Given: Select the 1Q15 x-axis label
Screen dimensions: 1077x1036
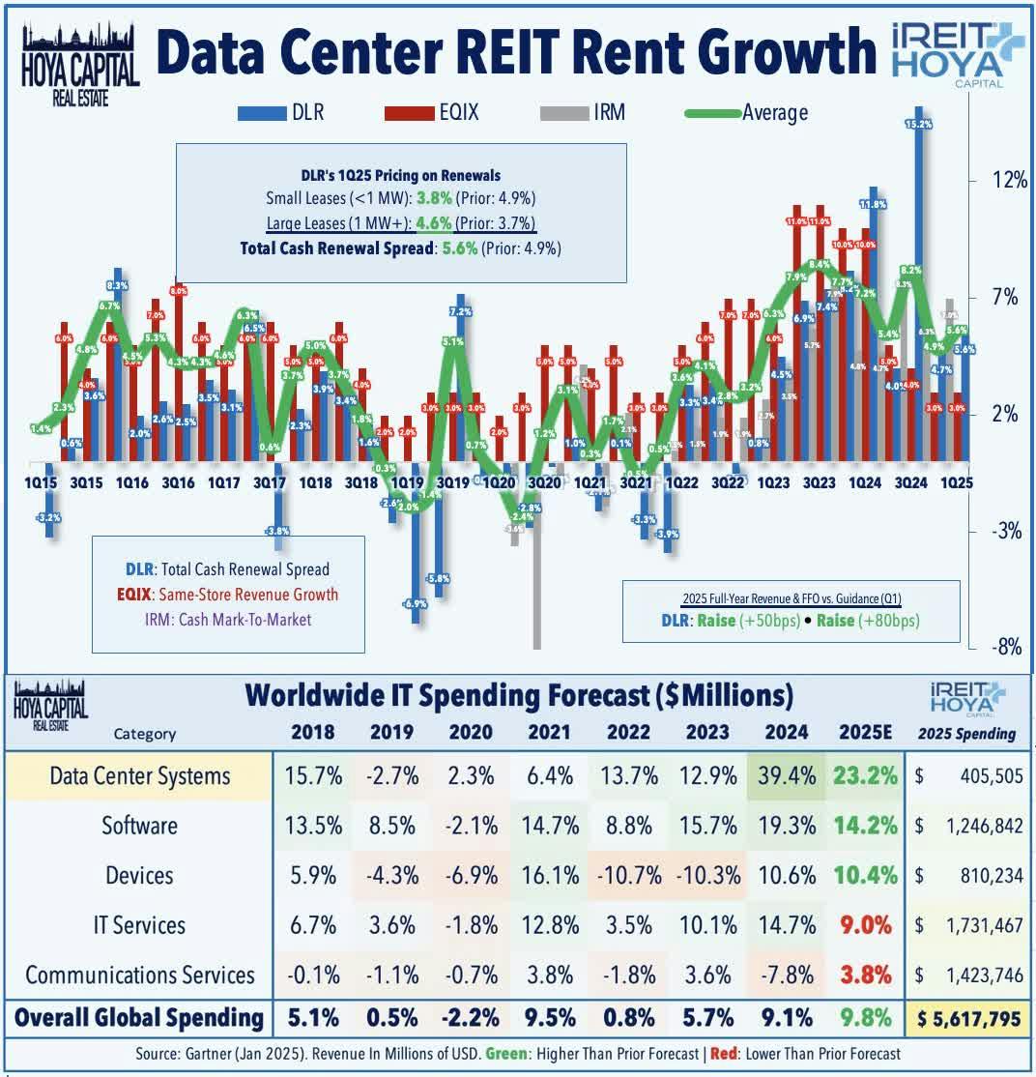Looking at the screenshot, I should [42, 481].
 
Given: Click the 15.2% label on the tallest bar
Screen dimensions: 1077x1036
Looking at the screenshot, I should [918, 125].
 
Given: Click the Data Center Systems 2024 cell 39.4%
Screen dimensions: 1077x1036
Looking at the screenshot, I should [786, 775].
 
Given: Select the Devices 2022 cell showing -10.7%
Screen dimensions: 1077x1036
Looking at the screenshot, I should [628, 876].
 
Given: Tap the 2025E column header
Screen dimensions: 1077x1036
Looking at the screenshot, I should [865, 731].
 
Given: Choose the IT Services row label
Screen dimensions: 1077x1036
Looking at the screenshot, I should [140, 925].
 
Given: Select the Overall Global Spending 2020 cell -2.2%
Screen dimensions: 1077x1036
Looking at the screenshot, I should [471, 1017].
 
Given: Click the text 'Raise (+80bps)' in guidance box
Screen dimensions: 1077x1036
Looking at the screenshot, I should [868, 620].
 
